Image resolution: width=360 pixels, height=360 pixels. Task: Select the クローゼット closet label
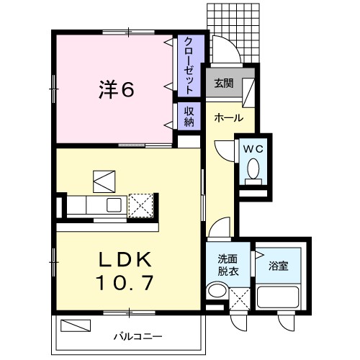189,66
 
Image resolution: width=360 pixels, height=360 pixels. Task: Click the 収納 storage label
189,117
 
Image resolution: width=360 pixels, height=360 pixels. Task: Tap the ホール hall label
228,117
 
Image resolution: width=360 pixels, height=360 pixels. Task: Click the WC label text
253,149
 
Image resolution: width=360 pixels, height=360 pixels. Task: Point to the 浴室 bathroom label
278,266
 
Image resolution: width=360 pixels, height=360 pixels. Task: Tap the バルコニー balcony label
137,336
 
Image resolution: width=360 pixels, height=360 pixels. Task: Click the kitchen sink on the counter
113,204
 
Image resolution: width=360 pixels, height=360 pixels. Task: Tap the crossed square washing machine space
240,297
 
